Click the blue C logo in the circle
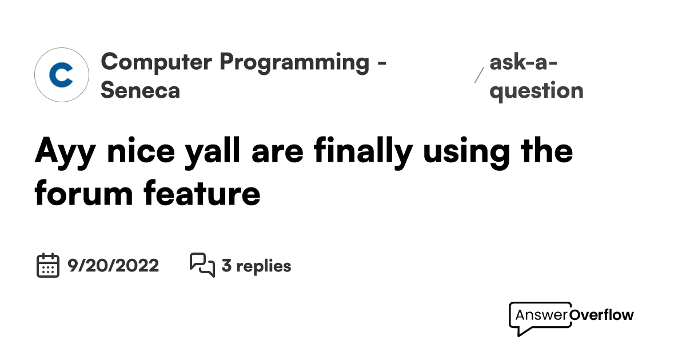click(x=61, y=75)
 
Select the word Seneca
click(x=141, y=90)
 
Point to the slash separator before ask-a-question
click(x=479, y=75)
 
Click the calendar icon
click(x=48, y=266)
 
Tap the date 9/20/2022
click(x=113, y=266)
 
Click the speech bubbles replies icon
click(x=202, y=265)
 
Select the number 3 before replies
click(x=226, y=266)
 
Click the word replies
click(x=264, y=266)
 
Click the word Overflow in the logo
click(x=602, y=315)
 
